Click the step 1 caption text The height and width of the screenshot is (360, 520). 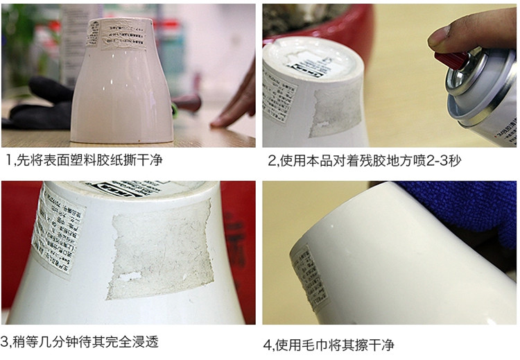[83, 161]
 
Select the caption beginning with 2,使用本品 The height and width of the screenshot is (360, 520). [365, 161]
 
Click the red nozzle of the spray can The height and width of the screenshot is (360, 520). [451, 58]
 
